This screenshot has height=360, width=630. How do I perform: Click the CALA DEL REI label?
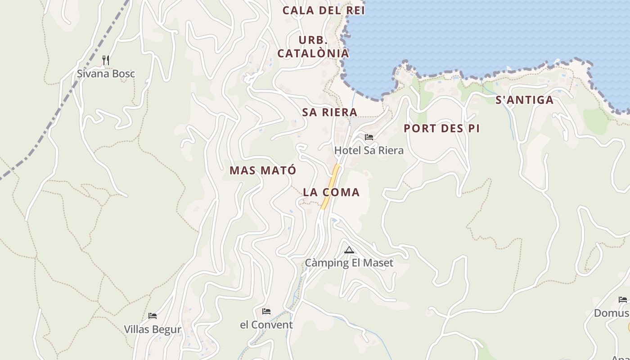tap(324, 10)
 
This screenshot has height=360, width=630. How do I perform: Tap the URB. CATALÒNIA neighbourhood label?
tap(313, 47)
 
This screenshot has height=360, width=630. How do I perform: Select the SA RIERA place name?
tap(330, 112)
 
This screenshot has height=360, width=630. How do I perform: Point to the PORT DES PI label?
tap(441, 128)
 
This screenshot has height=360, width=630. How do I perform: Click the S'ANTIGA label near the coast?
tap(525, 100)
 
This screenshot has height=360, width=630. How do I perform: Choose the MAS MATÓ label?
tap(263, 171)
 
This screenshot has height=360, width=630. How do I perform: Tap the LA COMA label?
tap(331, 192)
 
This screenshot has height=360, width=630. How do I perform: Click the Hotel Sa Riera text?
tap(369, 150)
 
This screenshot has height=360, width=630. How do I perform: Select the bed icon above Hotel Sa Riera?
tap(369, 137)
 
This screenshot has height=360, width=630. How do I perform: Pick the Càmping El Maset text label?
tap(349, 263)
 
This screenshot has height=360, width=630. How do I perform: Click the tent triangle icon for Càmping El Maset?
tap(349, 250)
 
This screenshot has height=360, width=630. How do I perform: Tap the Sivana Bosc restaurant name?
tap(106, 74)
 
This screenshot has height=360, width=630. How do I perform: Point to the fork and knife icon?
tap(106, 60)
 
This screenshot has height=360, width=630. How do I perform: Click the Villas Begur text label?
tap(153, 329)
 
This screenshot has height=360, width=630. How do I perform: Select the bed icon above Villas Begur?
tap(153, 316)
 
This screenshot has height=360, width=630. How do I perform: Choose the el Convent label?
tap(266, 324)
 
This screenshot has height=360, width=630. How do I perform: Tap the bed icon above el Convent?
tap(266, 311)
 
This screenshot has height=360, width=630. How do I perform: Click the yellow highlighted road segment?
tap(331, 187)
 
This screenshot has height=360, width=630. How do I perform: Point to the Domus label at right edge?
tap(612, 313)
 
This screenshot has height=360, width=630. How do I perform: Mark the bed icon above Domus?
tap(623, 300)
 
